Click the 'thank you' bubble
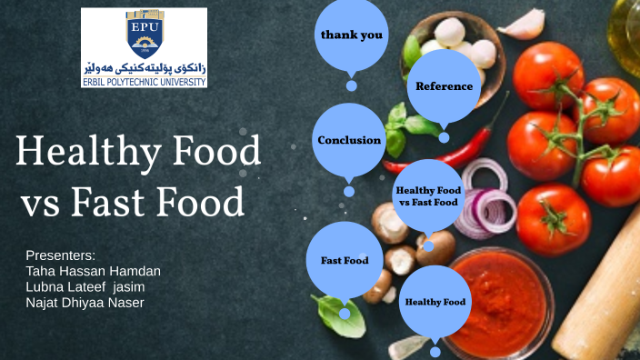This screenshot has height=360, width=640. (x=351, y=35)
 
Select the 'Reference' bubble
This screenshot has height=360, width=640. (x=444, y=86)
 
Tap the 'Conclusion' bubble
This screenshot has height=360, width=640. (x=349, y=140)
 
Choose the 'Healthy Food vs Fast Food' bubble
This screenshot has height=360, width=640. (x=427, y=195)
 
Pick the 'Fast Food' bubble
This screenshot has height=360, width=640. (x=345, y=260)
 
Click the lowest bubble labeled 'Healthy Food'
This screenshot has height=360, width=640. (x=435, y=301)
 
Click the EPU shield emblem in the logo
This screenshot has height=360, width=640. (x=144, y=34)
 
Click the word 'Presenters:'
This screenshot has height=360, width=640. (x=60, y=255)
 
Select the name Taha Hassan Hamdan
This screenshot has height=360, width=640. (x=94, y=270)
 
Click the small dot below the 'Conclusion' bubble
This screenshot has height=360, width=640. (x=349, y=192)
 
